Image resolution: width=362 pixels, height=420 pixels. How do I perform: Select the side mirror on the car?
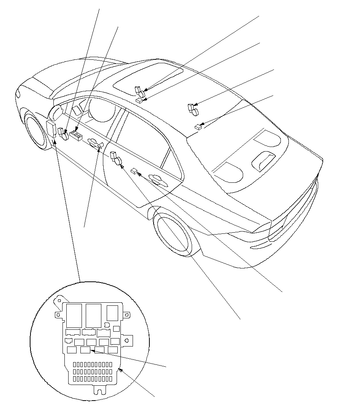[56, 112]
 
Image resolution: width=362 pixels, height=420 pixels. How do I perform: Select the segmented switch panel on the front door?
[77, 136]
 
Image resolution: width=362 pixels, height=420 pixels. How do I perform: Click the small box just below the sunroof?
[139, 101]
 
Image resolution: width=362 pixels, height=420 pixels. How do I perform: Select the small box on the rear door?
[134, 171]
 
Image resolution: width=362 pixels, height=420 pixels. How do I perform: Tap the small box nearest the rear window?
[197, 127]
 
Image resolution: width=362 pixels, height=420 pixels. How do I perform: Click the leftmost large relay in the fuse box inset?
[74, 315]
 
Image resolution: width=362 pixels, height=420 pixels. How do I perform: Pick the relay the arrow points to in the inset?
[86, 350]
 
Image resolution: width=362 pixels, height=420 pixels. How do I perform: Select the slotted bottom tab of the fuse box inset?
[99, 389]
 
